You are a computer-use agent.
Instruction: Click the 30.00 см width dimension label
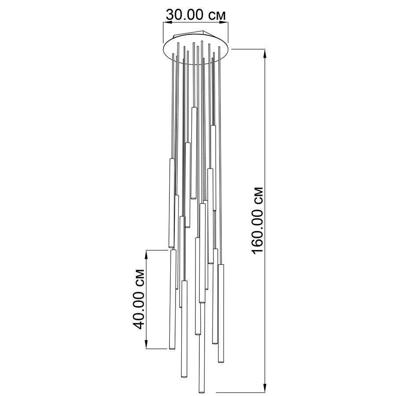(196, 15)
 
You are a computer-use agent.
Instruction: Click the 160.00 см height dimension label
(257, 220)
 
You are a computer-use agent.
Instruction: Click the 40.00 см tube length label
(139, 299)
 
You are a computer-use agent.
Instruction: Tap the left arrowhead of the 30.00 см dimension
(168, 23)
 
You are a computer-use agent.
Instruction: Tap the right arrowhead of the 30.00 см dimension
(224, 23)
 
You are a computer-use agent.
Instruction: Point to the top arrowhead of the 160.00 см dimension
(265, 54)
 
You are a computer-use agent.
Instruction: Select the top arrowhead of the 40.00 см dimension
(146, 255)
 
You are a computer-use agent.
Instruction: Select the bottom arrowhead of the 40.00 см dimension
(146, 344)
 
